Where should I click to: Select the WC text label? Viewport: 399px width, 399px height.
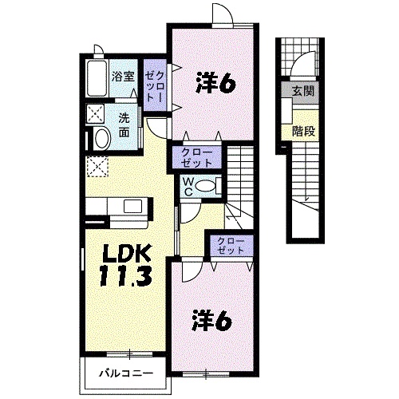coord(185,186)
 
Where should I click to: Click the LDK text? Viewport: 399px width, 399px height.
coord(125,254)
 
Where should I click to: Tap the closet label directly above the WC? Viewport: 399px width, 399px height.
coord(196,156)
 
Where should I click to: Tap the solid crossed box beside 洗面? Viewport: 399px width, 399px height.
coord(96,113)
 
